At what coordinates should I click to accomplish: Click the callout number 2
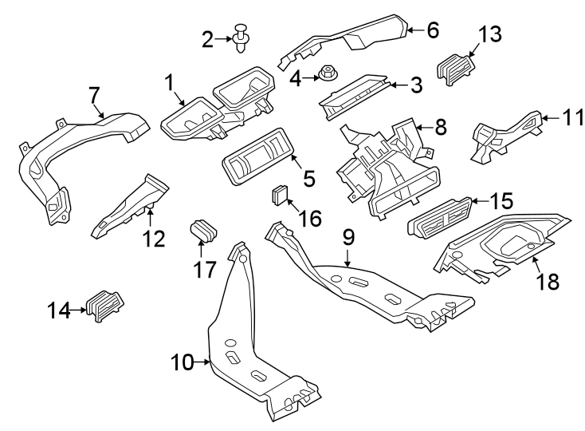tap(208, 38)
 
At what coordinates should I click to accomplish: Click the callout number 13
tap(490, 34)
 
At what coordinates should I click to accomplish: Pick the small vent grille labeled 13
tap(456, 66)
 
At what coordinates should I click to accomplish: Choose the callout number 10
tap(183, 363)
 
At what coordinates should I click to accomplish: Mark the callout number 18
tap(548, 280)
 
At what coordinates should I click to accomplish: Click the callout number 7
tap(95, 96)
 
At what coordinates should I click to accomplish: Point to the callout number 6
tap(433, 31)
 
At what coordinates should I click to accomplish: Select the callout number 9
tap(347, 237)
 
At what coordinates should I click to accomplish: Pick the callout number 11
tap(569, 119)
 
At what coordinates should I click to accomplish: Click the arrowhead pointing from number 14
tap(85, 309)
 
